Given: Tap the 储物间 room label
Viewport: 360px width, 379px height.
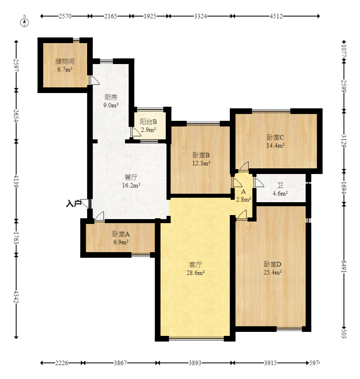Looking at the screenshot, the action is point(65,61).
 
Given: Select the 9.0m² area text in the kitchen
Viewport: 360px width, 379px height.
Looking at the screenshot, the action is point(111,105).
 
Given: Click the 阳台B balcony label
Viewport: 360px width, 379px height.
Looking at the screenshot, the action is point(148,122).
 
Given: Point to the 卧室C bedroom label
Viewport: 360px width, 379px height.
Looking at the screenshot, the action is point(275,137).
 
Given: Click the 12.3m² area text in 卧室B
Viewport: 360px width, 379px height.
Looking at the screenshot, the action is point(201,163).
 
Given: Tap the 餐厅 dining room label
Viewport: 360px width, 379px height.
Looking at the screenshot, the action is point(131,177).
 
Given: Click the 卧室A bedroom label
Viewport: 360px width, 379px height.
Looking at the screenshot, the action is point(121,234).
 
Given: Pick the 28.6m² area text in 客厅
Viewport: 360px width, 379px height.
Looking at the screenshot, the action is point(196,273).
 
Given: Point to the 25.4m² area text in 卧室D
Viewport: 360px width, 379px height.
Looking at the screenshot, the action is point(273,272).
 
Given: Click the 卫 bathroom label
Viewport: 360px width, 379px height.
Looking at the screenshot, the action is point(280,185).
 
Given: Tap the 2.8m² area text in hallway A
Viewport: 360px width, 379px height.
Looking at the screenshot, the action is point(243,199).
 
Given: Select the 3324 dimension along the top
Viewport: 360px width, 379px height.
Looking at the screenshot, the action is point(201,16).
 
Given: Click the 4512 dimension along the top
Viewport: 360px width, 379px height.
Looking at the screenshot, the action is point(276,16).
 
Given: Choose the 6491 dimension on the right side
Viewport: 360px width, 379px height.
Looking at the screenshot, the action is point(344,266).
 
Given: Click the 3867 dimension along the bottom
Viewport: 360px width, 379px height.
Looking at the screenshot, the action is point(120,363).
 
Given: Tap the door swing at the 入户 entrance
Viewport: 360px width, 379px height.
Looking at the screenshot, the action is point(85,203).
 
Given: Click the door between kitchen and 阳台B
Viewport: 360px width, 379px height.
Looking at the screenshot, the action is point(136,132).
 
